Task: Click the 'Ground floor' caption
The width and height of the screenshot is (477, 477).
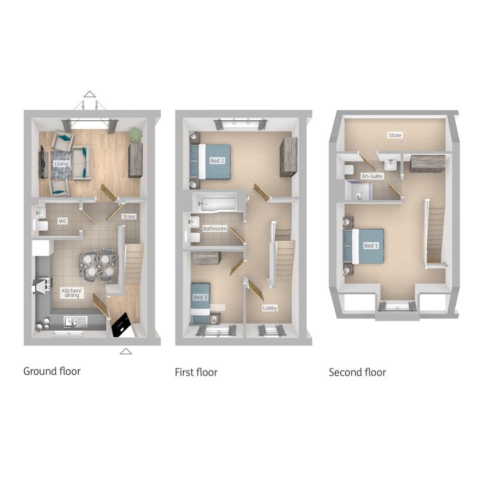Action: tap(52, 372)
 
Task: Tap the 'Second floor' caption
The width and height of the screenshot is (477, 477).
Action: tap(357, 373)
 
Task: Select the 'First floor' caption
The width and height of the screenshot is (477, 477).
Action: tap(196, 373)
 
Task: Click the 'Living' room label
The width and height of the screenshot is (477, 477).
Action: tap(62, 164)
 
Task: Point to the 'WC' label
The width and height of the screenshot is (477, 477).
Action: tap(63, 221)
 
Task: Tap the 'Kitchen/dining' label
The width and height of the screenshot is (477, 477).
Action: tap(72, 293)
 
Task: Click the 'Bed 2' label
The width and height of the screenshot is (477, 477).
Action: tap(218, 161)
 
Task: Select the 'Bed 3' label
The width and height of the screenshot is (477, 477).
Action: tap(200, 297)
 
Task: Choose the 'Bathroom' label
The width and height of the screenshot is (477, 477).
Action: tap(215, 229)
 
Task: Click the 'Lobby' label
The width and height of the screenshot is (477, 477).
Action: tap(270, 308)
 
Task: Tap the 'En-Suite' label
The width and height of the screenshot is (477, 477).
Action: tap(372, 176)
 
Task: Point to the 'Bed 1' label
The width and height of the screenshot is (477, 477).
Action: tap(371, 245)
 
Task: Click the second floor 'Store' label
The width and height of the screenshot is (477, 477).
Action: tap(395, 135)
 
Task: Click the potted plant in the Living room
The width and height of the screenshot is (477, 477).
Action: tap(135, 135)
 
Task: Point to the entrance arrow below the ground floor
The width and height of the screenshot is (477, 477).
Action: tap(126, 352)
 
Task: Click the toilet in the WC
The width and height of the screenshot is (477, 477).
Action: tap(41, 226)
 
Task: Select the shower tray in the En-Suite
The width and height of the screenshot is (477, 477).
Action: tap(358, 191)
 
